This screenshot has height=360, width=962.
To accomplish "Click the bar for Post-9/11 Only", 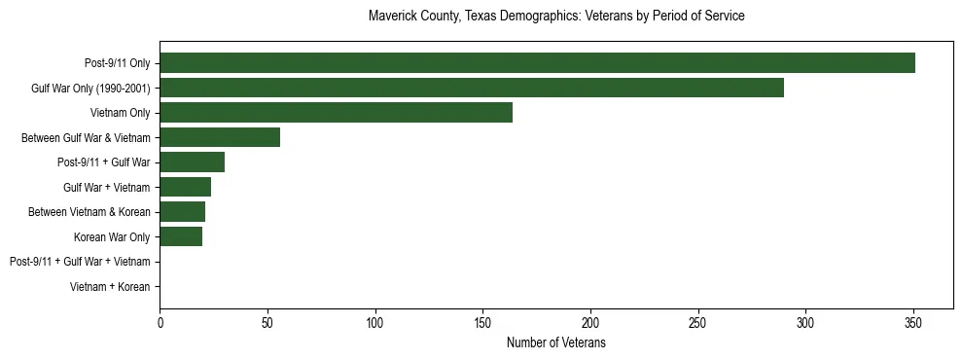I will [537, 63].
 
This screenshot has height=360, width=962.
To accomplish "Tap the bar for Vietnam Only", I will [336, 113].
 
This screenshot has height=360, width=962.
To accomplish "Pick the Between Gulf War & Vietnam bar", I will [220, 137].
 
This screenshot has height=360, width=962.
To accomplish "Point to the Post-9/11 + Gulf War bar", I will [192, 162].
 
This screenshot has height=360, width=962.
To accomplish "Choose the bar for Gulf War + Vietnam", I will [185, 187].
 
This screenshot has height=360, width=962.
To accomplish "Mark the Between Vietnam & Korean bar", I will [182, 212].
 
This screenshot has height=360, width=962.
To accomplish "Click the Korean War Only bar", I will [181, 236].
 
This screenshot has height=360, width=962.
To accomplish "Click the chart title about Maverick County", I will [556, 17].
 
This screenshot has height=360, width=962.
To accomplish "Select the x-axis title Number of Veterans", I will [556, 343].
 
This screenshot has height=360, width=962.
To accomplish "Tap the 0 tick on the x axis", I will [160, 322].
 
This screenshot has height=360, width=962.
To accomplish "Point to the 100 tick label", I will [374, 322].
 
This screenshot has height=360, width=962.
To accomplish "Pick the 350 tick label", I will [913, 322].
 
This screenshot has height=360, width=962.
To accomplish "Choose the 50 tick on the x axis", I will [267, 322].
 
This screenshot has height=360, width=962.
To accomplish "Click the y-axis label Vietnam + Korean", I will [110, 287].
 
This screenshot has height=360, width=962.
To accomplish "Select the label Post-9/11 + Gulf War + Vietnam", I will [80, 262].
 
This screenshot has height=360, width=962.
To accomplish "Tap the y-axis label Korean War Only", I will [112, 237].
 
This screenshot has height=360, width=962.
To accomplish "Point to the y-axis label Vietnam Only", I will [121, 113].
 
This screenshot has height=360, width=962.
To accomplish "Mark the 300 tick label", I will [805, 322].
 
